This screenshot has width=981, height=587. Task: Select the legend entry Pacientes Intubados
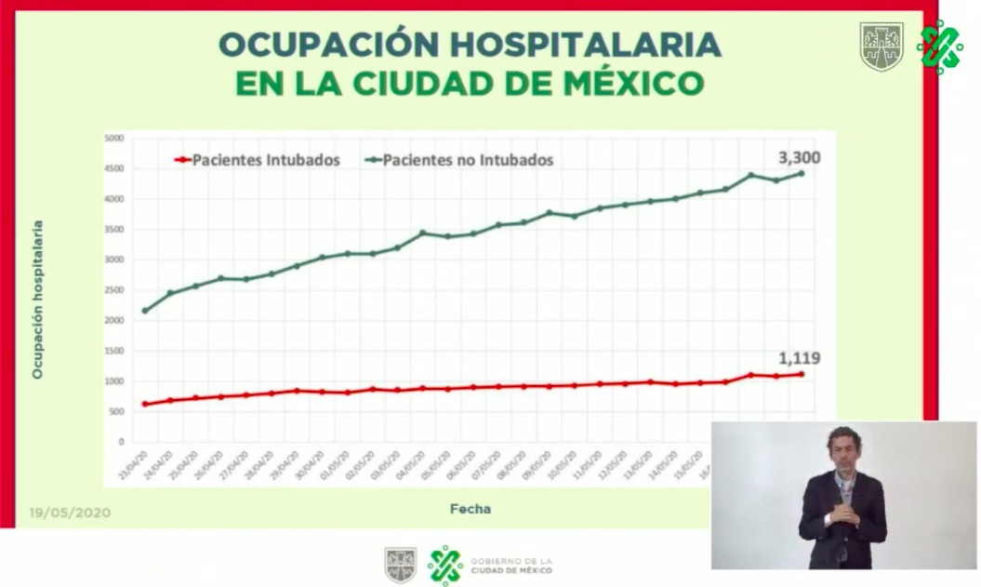coord(265,160)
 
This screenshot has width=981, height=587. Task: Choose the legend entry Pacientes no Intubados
coord(468,160)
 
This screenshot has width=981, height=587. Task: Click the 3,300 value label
coord(799,157)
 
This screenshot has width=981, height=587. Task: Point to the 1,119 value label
coord(799,358)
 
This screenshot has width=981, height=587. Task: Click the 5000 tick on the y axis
coord(113,139)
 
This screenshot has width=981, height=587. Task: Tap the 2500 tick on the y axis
coord(113,290)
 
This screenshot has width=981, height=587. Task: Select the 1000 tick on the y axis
coord(113,381)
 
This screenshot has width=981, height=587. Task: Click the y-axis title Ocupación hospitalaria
coord(38,299)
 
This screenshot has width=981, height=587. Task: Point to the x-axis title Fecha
coord(470,509)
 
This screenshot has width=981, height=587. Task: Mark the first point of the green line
coord(145,311)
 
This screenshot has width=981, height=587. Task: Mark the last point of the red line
coord(801,374)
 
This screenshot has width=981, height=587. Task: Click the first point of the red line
coord(145,404)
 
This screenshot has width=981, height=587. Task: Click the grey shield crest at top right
coord(881,46)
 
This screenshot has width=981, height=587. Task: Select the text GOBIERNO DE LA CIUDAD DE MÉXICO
coord(511,566)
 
